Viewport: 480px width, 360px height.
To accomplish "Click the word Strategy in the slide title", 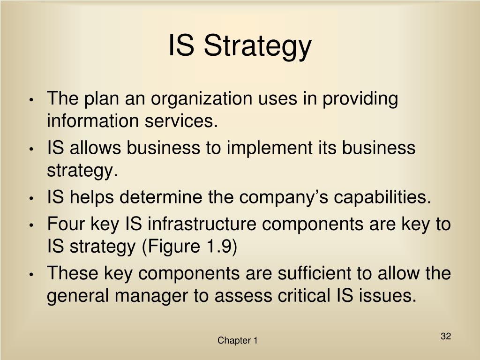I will pos(257,46).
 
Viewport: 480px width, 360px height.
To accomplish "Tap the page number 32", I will pos(445,336).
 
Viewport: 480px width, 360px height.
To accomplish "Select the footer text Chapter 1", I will pos(237,341).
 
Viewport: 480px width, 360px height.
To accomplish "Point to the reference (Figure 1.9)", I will pos(189,247).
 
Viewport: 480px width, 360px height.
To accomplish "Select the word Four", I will pos(64,224).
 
